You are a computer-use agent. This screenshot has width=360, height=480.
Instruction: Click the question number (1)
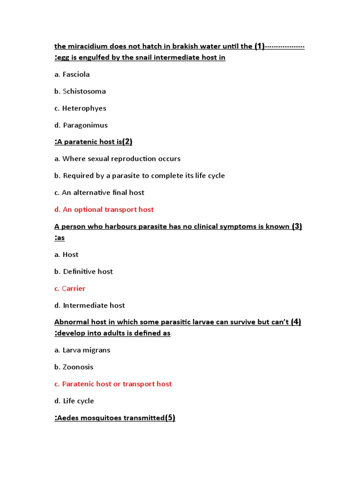tap(260, 46)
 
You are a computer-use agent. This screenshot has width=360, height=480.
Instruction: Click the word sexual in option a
tap(98, 159)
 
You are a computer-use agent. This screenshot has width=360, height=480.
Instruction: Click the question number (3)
tap(297, 226)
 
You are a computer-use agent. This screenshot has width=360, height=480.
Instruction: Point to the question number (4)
tap(296, 322)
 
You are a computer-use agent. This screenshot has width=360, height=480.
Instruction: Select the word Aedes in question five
tap(67, 418)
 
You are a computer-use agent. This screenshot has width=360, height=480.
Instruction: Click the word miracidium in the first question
tap(88, 46)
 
